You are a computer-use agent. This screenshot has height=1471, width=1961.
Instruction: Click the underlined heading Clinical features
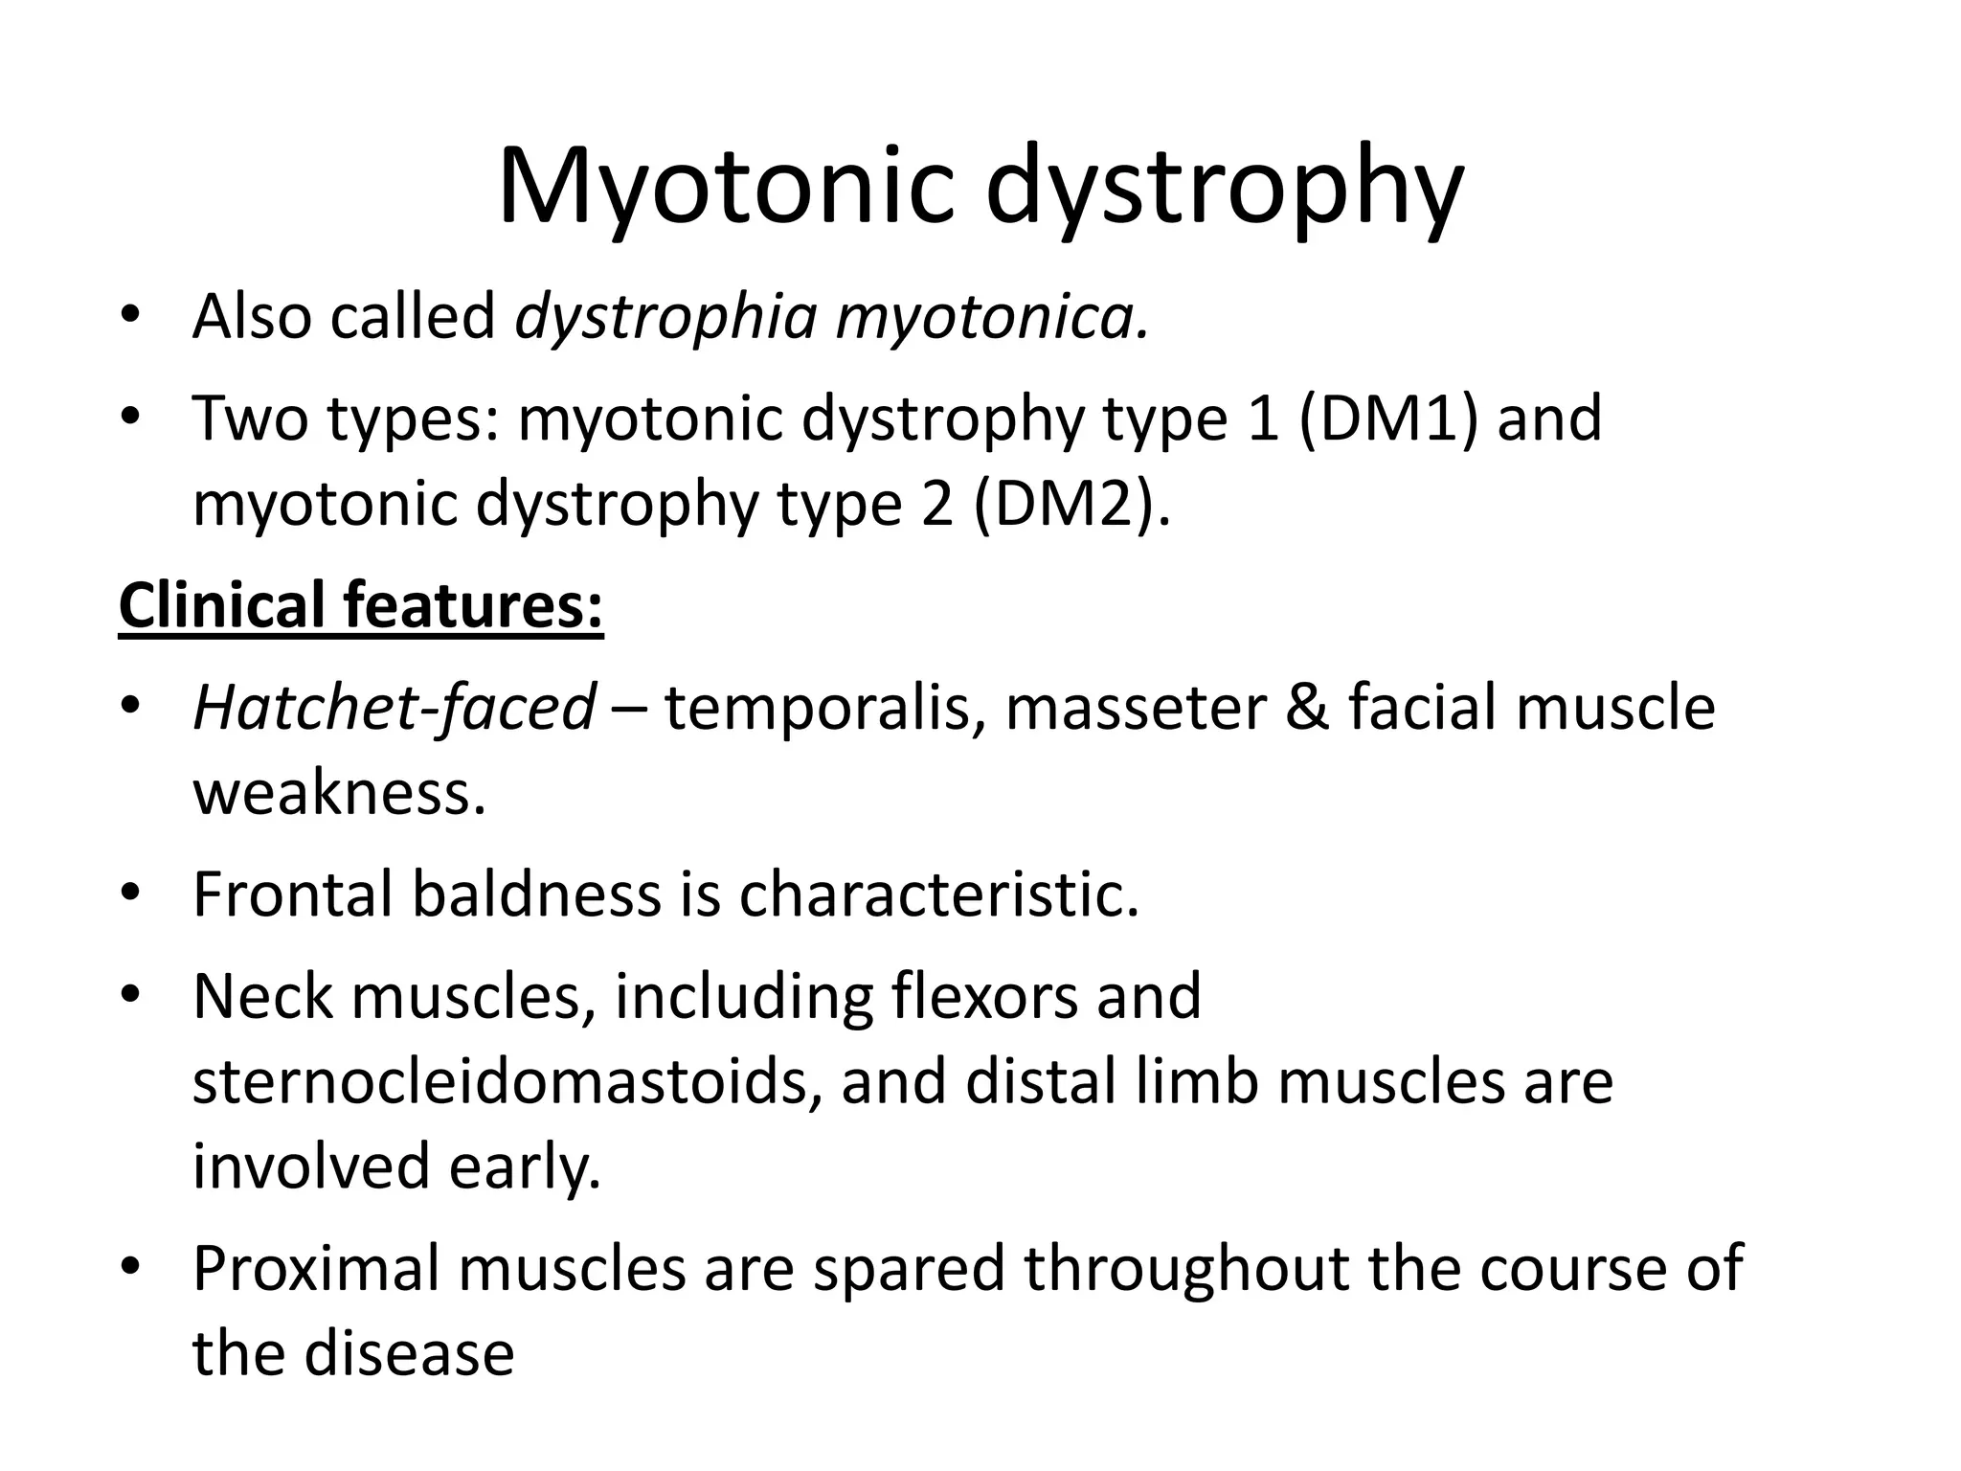click(x=360, y=605)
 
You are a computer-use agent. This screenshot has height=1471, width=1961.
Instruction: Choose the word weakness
click(x=339, y=793)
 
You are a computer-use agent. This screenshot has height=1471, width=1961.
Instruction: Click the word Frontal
click(x=293, y=894)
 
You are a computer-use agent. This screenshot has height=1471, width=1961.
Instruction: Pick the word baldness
click(x=536, y=894)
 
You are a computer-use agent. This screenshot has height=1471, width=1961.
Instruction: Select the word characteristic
click(x=938, y=894)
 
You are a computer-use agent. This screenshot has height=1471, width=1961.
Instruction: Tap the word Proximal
click(x=316, y=1268)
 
